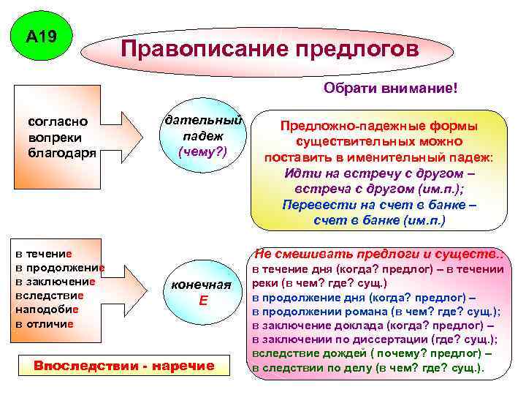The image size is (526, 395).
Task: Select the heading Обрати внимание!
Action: (391, 89)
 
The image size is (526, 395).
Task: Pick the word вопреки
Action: (55, 137)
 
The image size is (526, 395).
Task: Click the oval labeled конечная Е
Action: (207, 293)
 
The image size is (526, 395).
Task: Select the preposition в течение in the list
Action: (43, 254)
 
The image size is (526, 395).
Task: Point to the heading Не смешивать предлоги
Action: (378, 255)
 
